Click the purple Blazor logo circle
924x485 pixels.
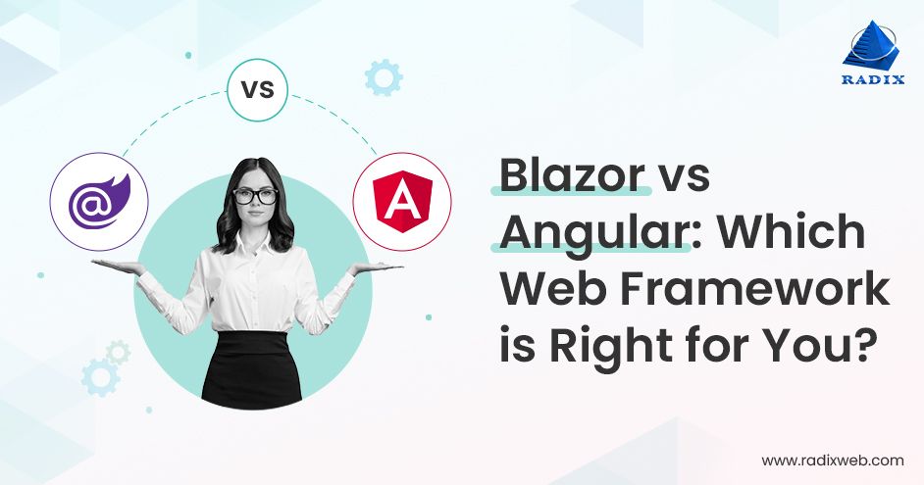(99, 202)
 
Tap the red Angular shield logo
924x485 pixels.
(402, 201)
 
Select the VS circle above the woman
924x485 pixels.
(258, 90)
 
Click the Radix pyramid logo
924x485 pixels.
(871, 45)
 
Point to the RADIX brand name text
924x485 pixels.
(873, 79)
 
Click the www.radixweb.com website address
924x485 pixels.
(832, 461)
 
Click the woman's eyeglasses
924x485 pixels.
(255, 196)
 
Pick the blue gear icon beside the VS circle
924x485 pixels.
(383, 77)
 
